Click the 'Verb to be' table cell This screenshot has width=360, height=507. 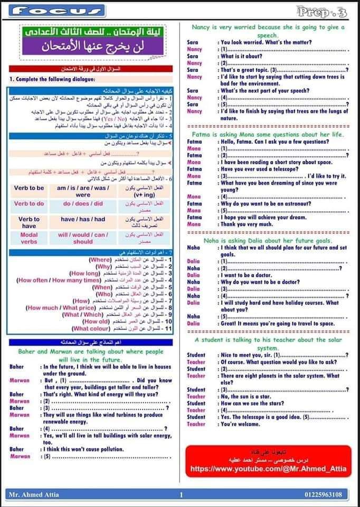(x=29, y=188)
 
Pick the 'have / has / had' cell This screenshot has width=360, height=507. (x=83, y=219)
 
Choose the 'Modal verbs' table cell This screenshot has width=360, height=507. (x=29, y=238)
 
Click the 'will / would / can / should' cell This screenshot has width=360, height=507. (x=83, y=238)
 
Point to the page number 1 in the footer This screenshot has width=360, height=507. (x=181, y=495)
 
